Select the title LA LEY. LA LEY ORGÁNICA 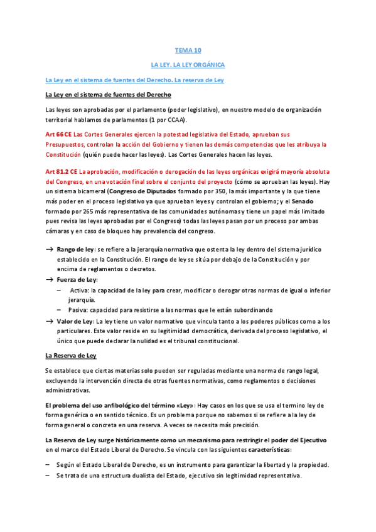(188, 65)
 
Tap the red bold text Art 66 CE (58, 134)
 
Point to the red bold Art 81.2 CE (62, 172)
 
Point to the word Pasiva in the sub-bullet (80, 310)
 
